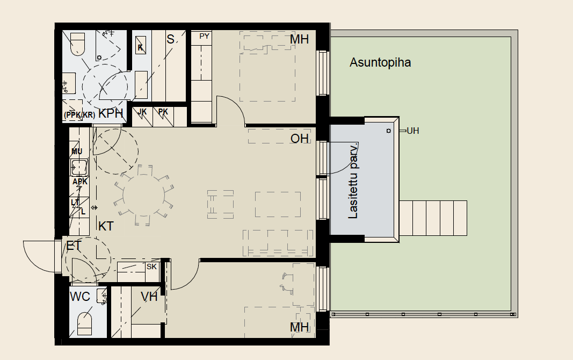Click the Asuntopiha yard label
[x=380, y=62]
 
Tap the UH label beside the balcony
[x=412, y=131]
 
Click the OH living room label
[x=300, y=139]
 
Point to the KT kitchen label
[x=106, y=226]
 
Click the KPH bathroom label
[x=111, y=113]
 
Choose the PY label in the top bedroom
[x=204, y=36]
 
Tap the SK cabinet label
[x=151, y=267]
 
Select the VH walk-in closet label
[x=149, y=297]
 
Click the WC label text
[x=79, y=297]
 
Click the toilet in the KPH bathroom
[x=77, y=44]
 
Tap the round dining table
[x=143, y=196]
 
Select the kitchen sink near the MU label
[x=79, y=168]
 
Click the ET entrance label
[x=74, y=246]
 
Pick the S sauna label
[x=170, y=39]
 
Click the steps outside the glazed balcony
[x=433, y=218]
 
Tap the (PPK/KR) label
[x=79, y=115]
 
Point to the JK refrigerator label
[x=142, y=112]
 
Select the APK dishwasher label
[x=80, y=182]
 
